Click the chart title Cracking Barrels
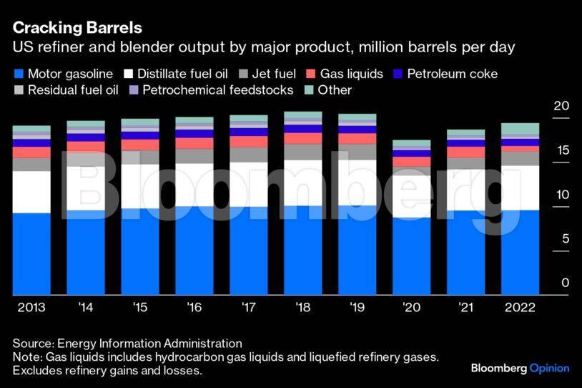(x=77, y=28)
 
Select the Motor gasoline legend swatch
(x=19, y=74)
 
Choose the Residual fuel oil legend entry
(x=69, y=90)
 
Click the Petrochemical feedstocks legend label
(x=217, y=90)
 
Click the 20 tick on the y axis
(x=561, y=106)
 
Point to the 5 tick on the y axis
(x=565, y=238)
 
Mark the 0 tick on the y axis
(x=565, y=283)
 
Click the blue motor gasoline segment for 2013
(x=31, y=253)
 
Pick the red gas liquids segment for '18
(x=303, y=138)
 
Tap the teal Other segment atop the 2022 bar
(x=521, y=130)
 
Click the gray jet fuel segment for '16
(x=194, y=156)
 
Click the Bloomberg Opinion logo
(x=520, y=368)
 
